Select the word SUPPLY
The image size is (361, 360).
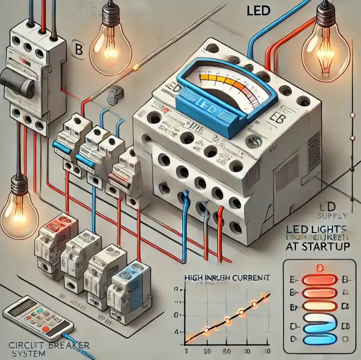coord(334,216)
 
